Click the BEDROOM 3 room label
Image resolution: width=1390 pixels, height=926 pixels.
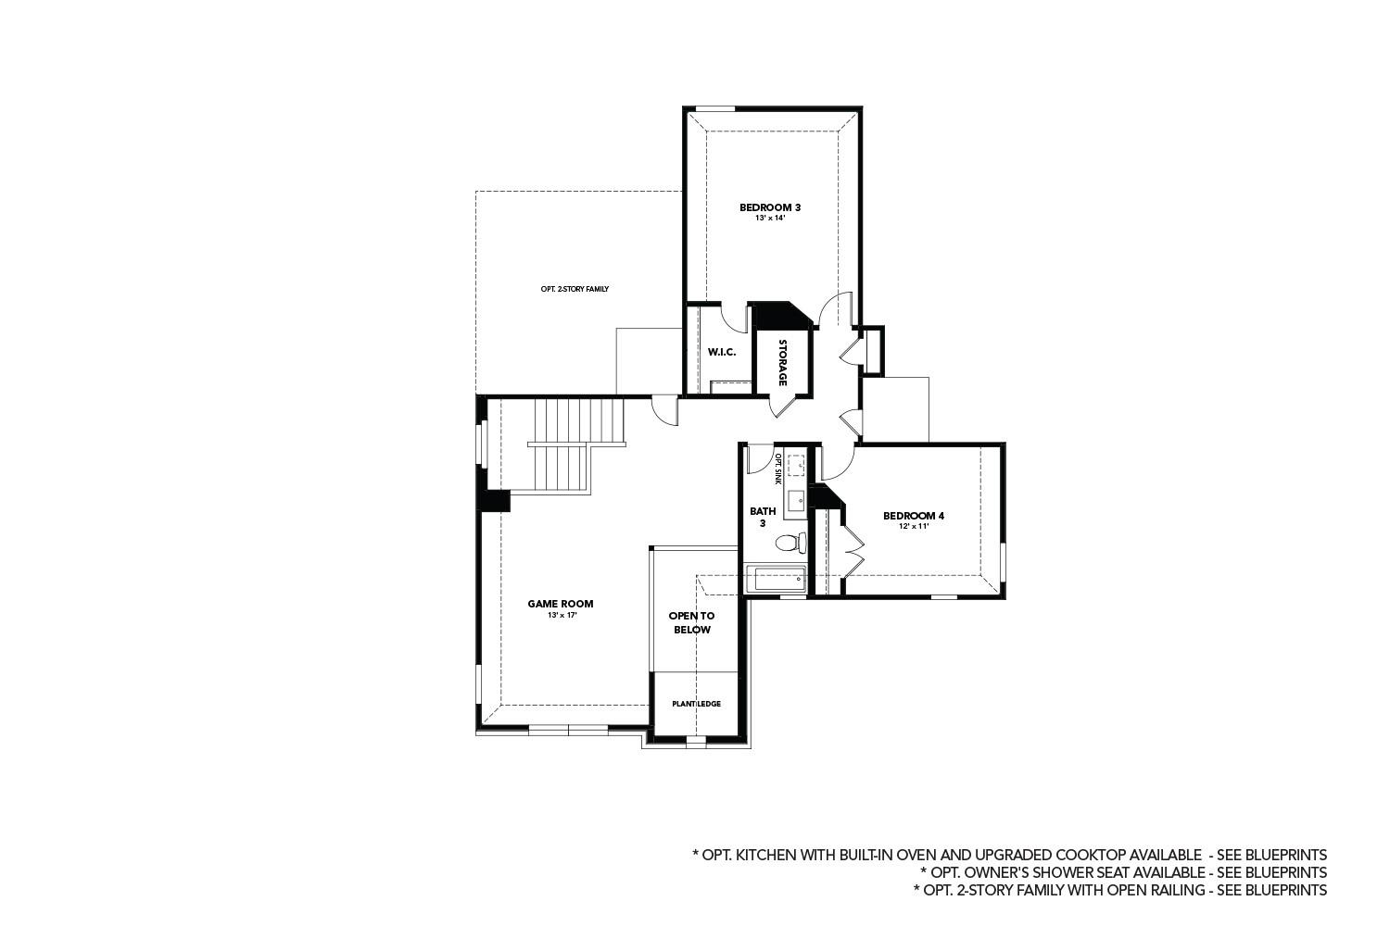click(769, 207)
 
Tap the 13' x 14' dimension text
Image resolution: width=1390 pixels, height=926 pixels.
click(769, 219)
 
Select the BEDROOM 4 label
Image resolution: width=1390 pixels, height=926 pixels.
click(913, 516)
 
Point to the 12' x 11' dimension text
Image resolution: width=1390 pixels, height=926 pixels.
click(913, 527)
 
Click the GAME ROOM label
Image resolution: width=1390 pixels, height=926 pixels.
click(561, 604)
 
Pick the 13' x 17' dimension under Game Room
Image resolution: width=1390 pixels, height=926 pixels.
click(562, 615)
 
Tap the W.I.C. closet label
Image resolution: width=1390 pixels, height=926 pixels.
click(721, 352)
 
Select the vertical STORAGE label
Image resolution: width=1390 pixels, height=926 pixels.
click(782, 362)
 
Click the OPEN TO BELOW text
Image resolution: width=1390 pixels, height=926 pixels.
click(691, 622)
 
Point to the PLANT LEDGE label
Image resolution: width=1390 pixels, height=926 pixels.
click(696, 704)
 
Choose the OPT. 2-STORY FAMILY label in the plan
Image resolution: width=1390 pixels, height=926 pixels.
click(575, 289)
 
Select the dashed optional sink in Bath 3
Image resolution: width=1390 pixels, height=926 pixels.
click(796, 464)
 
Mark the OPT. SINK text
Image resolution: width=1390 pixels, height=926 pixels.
click(778, 469)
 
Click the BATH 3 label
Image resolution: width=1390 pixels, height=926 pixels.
click(763, 517)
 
